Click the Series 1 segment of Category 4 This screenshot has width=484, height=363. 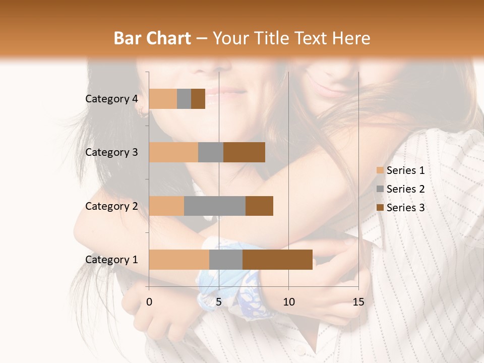coord(163,99)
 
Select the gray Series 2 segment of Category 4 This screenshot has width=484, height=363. coord(184,99)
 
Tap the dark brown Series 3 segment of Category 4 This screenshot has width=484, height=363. coord(198,99)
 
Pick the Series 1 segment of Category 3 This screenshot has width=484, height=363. coord(173,152)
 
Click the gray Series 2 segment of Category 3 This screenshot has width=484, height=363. coord(211,152)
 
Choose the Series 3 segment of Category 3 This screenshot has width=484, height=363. coord(244,152)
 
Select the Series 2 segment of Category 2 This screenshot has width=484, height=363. coord(215,206)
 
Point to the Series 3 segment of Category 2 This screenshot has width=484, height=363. coord(259,206)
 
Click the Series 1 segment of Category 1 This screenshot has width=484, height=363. coord(179,260)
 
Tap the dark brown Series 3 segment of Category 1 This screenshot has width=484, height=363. coord(277,260)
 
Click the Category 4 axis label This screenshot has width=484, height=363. coord(111,99)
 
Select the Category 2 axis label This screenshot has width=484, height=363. coord(111,206)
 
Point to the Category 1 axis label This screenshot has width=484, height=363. coord(111,260)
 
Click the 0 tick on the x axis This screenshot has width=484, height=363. coord(149,302)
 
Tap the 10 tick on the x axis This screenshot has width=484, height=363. coord(288,302)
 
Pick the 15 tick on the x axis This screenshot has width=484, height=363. coord(358,302)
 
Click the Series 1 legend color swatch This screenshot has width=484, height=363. coord(380,170)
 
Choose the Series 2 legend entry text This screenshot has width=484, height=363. coord(405,189)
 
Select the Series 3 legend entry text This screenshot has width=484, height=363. coord(405,208)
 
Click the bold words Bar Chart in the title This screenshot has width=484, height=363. coord(152,38)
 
